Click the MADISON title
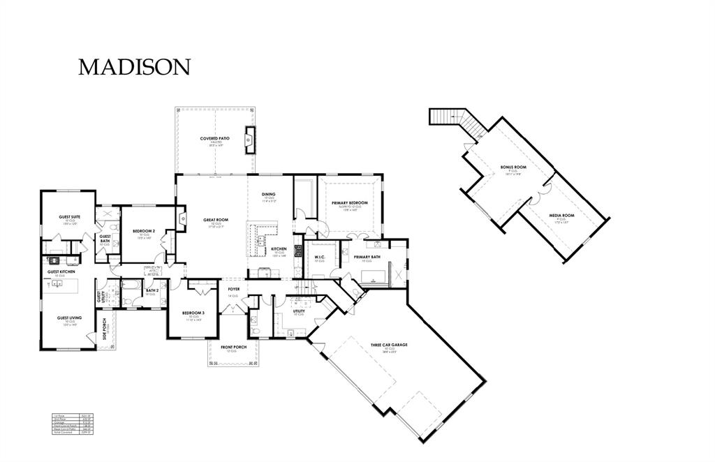point(134,67)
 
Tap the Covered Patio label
point(215,139)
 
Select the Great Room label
point(216,220)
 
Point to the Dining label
point(269,194)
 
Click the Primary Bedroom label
point(350,203)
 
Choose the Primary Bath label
point(367,257)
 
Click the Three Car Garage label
point(389,345)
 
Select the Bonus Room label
point(513,167)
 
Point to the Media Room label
point(561,216)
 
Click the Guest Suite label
point(69,217)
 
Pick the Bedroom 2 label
point(144,230)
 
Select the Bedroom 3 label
point(193,313)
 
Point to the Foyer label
point(233,288)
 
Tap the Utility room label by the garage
point(299,311)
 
